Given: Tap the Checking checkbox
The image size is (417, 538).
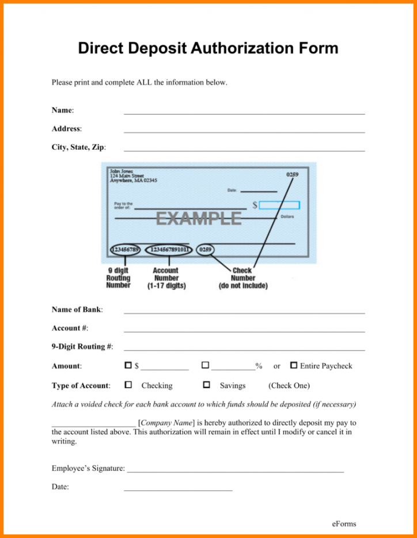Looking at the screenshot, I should tap(128, 384).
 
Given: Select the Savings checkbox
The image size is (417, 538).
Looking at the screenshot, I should tap(206, 384).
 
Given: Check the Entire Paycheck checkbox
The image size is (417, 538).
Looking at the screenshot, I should tap(294, 365).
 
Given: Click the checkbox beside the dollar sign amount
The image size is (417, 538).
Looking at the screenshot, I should tap(128, 365).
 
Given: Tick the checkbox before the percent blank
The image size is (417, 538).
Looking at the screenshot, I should tap(205, 365).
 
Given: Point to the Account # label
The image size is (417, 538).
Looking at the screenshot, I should tap(70, 328).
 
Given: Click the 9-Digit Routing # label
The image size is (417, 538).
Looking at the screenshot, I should tap(82, 346).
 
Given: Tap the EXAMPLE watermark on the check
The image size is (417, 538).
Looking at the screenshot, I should tap(199, 218).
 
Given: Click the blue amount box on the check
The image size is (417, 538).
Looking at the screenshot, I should tap(279, 204).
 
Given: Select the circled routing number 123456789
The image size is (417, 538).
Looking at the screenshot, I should tap(124, 250).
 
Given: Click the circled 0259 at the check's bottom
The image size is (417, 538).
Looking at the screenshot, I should tap(206, 250).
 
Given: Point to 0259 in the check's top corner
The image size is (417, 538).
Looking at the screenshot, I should tap(292, 174).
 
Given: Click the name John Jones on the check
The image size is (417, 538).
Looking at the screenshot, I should tap(120, 171).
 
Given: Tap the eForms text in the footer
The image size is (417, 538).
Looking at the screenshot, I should tap(344, 524).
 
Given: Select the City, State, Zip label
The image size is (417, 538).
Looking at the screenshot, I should tap(78, 147).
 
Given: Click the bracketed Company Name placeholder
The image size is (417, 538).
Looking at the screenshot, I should tap(166, 422).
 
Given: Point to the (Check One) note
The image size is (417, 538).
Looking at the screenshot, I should tap(289, 385).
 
